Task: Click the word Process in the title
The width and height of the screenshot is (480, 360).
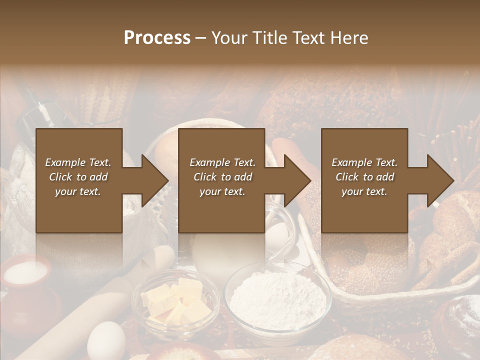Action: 157,38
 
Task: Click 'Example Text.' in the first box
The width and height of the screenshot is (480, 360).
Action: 78,162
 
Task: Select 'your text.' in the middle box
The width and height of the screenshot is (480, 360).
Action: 222,191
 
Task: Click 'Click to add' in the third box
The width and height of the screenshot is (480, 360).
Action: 364,177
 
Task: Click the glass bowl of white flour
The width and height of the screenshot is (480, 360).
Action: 277,297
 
